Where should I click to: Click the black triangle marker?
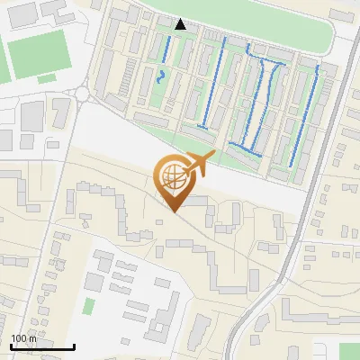(x=181, y=24)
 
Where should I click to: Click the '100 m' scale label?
(x=23, y=338)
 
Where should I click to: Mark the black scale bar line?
(x=42, y=346)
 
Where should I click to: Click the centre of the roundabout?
(x=82, y=94)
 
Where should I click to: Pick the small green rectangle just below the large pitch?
(x=46, y=79)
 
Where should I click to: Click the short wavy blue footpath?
(x=161, y=76)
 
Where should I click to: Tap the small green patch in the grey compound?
(x=89, y=305)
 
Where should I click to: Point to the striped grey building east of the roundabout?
(x=61, y=112)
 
